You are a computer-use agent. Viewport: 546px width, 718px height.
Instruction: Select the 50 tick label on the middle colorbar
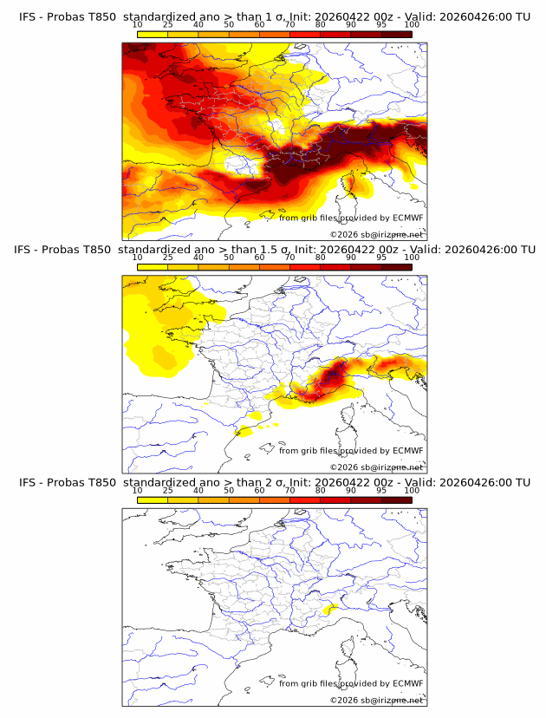(229, 258)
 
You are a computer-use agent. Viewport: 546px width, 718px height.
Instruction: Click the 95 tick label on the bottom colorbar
(380, 491)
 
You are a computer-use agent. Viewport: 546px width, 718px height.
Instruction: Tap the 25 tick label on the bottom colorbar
(168, 491)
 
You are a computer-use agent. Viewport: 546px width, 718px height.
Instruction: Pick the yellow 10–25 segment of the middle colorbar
(153, 266)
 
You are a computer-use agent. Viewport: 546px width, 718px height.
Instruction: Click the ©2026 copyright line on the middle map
(376, 467)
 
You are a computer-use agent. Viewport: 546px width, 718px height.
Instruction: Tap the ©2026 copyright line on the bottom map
(376, 700)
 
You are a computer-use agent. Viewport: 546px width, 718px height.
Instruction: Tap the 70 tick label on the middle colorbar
(289, 258)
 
